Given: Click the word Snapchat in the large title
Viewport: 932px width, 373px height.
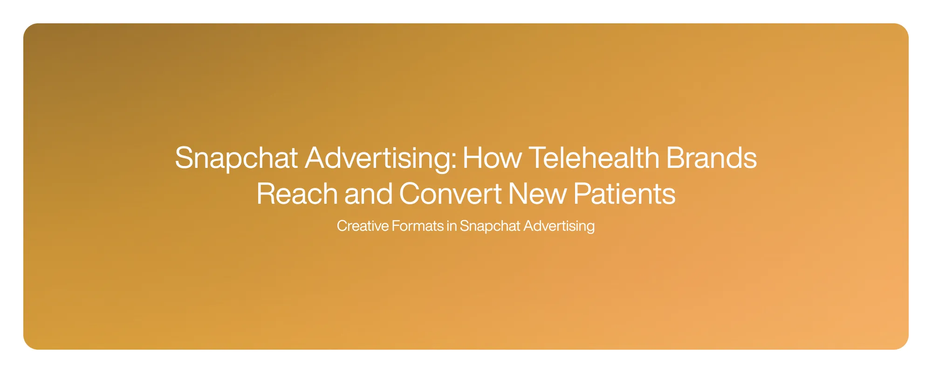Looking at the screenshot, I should (236, 158).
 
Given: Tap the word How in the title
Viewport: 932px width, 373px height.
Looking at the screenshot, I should (492, 158).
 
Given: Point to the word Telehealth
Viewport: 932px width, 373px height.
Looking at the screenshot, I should (594, 158).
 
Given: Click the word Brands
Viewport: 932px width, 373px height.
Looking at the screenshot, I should (712, 158).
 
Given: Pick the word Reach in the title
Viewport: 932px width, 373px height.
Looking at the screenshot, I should (297, 194).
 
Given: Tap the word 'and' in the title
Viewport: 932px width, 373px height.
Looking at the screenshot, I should (368, 194).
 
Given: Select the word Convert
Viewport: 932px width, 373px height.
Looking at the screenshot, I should (450, 194).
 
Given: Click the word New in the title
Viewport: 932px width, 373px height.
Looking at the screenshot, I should (537, 194).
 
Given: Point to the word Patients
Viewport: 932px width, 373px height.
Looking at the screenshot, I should (624, 194).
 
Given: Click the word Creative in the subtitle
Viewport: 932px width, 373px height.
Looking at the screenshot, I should (363, 226).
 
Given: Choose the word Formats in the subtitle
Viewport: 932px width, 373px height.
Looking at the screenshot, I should (418, 226).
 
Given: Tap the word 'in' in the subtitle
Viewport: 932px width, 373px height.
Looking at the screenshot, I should (452, 226).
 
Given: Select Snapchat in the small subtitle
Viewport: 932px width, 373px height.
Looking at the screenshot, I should (490, 226).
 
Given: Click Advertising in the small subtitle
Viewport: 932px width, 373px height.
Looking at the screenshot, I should (559, 226).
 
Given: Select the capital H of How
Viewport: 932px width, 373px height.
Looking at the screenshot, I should (472, 158).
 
